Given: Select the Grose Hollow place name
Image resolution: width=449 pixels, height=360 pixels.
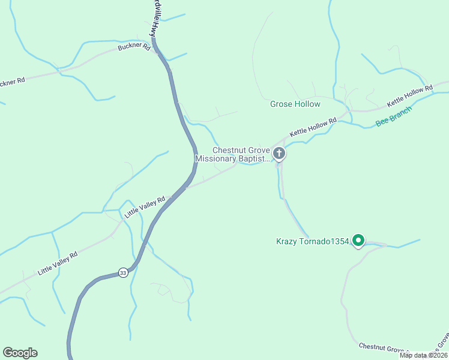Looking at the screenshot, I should pos(295,104).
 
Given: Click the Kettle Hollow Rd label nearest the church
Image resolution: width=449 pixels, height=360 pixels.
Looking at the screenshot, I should pos(313,127).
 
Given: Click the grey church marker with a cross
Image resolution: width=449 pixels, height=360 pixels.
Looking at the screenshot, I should pos(279,154).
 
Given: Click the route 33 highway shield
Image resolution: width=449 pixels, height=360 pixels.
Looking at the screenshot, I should pos(123,272).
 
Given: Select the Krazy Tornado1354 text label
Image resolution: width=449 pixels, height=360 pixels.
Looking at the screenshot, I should pos(312,242).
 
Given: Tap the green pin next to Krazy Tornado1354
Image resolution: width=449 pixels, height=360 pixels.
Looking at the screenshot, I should pos(358,241).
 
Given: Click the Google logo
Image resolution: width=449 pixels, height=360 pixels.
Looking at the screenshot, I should pos(20,353).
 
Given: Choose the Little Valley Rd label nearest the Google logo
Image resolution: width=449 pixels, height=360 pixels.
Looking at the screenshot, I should pos(58,263).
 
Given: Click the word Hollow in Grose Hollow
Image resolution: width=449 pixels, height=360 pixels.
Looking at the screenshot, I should pos(307,104).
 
